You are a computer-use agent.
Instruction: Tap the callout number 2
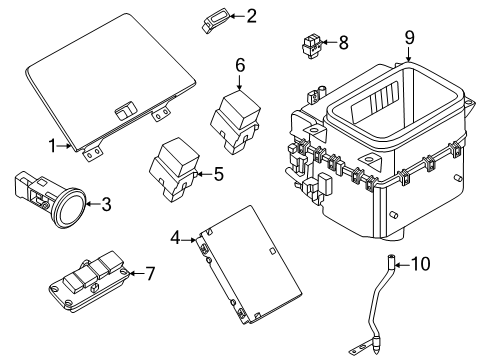[x=251, y=15]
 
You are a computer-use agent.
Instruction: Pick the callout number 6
[x=240, y=65]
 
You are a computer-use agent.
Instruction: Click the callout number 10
[x=420, y=264]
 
